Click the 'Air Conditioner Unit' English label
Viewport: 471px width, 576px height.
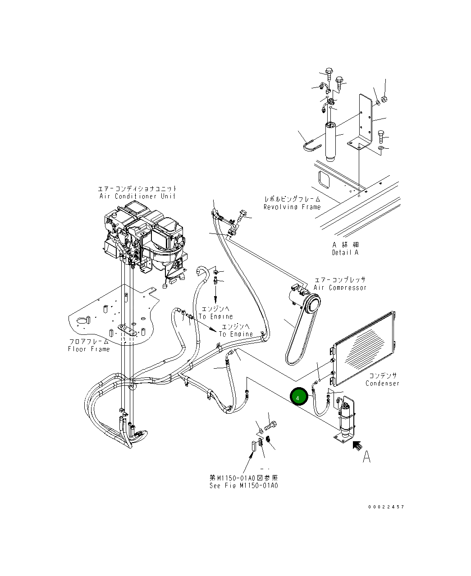[137, 196]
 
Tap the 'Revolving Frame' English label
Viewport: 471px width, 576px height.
[292, 207]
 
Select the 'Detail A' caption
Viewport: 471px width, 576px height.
[345, 252]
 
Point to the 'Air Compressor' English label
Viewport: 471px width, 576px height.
[340, 288]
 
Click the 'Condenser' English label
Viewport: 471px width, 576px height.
[382, 383]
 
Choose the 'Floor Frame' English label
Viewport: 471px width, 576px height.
[89, 349]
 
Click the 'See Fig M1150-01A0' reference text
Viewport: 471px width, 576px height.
[243, 485]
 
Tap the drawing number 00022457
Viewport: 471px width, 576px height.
[386, 507]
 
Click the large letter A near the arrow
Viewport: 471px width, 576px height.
[367, 457]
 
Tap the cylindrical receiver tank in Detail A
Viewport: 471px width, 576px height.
[331, 140]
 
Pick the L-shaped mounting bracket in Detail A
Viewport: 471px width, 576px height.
[363, 126]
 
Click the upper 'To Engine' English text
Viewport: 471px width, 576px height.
[216, 316]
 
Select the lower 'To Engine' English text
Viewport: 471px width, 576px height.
[236, 334]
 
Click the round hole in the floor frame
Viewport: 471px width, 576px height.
[82, 321]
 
